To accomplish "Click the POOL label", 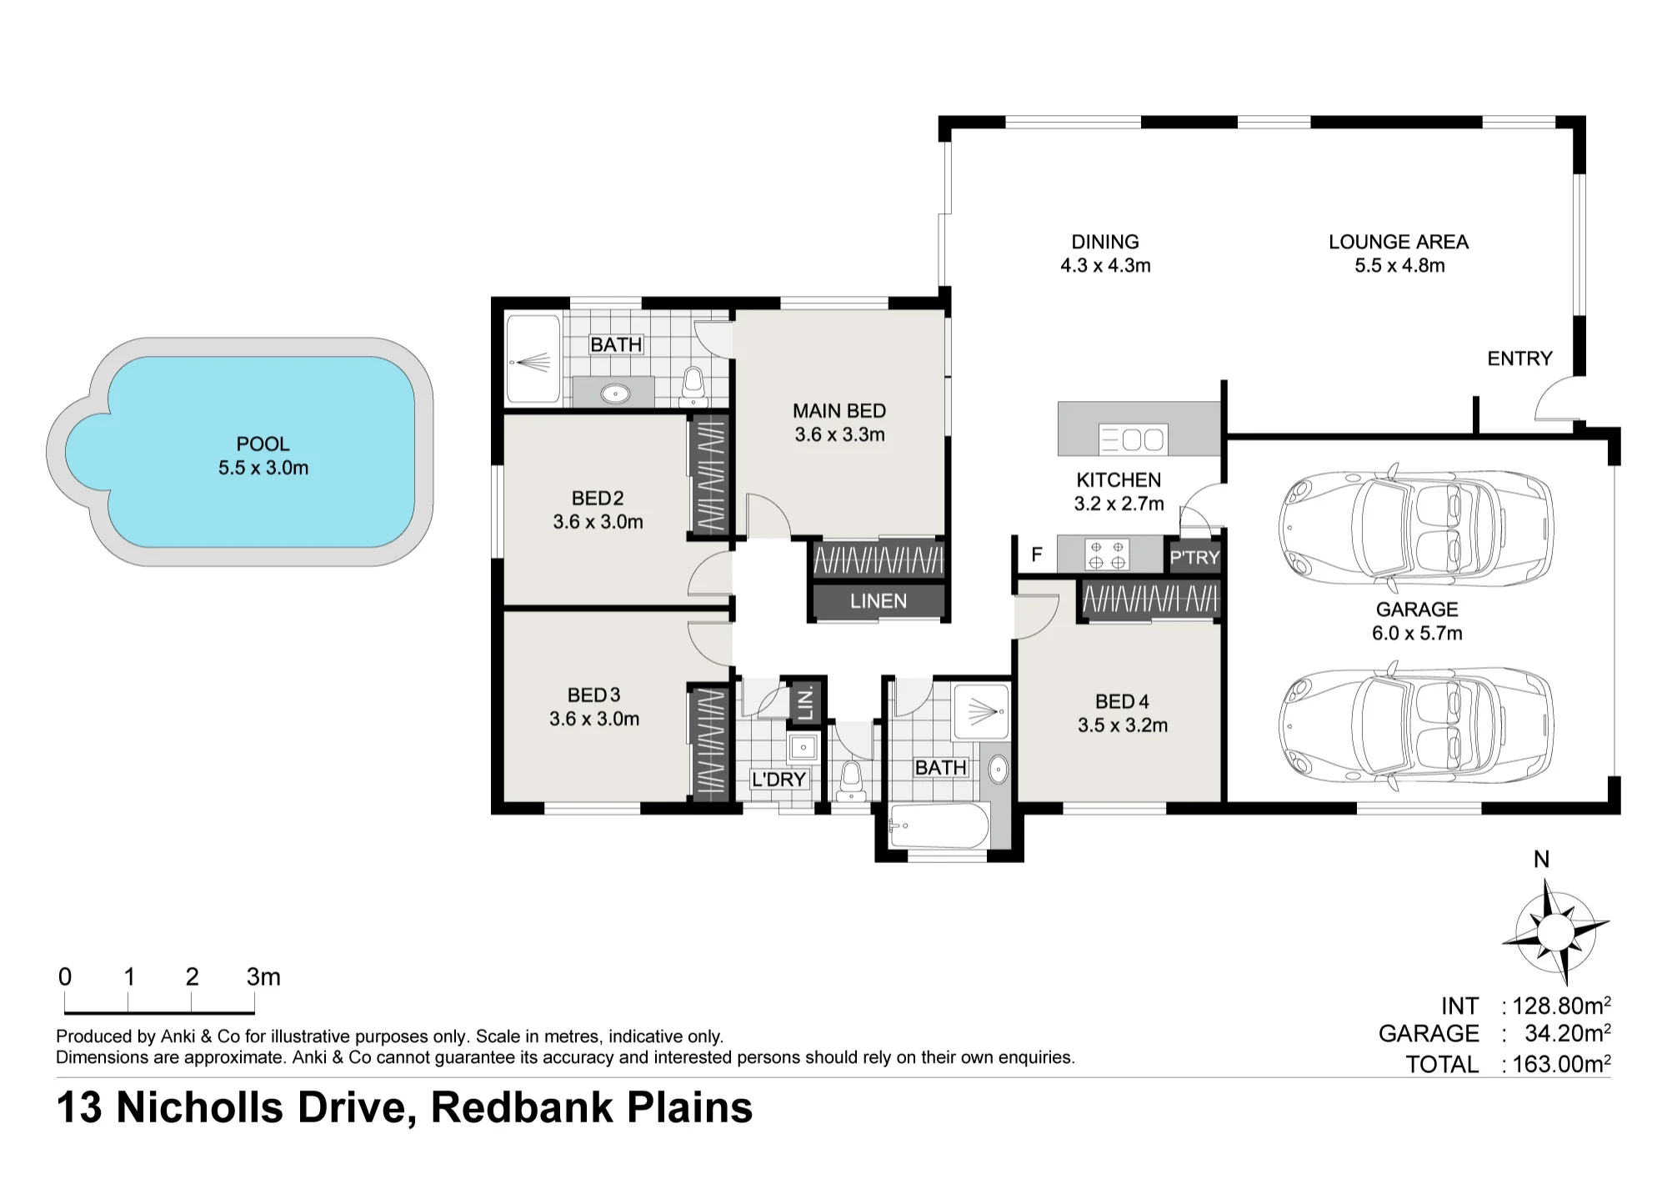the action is pyautogui.click(x=263, y=444).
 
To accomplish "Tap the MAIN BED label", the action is pyautogui.click(x=839, y=411).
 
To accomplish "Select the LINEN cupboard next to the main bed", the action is pyautogui.click(x=879, y=601).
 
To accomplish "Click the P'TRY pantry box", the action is pyautogui.click(x=1194, y=557).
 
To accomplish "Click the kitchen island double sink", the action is pyautogui.click(x=1133, y=439).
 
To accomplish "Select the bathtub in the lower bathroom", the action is pyautogui.click(x=940, y=826).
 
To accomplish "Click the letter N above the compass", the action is pyautogui.click(x=1542, y=860).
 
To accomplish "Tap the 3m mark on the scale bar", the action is pyautogui.click(x=263, y=976).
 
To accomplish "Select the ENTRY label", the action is pyautogui.click(x=1519, y=359).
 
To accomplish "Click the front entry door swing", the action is pyautogui.click(x=1556, y=399).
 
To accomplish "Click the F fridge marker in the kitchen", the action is pyautogui.click(x=1037, y=554).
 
